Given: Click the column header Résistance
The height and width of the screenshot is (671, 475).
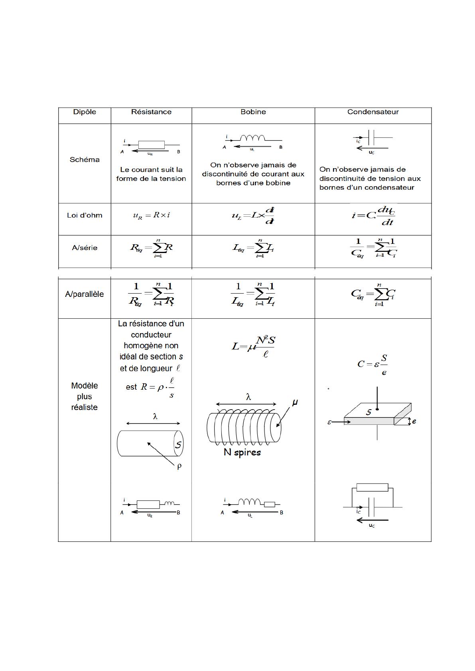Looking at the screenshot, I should coord(151,112).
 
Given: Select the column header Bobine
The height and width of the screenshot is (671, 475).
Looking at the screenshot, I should coord(253,112).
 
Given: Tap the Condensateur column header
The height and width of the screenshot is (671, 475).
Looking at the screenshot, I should coord(373,112).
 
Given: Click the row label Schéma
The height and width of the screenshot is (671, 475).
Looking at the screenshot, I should coord(85,160).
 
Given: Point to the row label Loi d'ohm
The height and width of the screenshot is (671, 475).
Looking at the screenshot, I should coord(85,216).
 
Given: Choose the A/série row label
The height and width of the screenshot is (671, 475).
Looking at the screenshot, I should coord(85,248).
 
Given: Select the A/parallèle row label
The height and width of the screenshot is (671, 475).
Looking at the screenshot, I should coord(84,294).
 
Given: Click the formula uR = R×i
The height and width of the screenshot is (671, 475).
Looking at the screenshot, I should coord(152,216).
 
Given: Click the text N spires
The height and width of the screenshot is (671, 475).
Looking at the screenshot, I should coord(242,453).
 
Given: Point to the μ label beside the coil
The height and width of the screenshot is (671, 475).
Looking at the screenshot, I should coord(295,403).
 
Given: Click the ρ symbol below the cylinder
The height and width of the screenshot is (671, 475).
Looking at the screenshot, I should coord(179,466).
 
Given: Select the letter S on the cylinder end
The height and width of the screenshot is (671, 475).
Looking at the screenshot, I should coord(179,444).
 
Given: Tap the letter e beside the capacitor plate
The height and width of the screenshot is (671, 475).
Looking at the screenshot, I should coord(414,421).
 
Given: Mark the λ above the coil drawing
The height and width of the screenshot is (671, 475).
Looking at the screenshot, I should coord(248,397).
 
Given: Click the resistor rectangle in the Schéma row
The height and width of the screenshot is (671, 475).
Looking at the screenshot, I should coord(152,145).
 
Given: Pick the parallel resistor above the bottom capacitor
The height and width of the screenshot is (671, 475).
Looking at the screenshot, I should coord(372,487).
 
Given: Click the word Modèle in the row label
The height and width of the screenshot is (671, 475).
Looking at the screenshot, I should coord(84,386).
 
